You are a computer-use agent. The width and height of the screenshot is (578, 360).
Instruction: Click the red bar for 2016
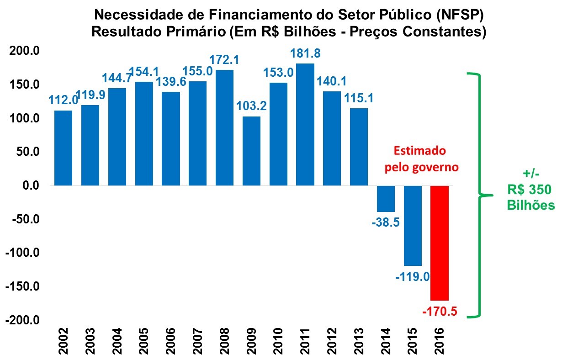pyautogui.click(x=440, y=242)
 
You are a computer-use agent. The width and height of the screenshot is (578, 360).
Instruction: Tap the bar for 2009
pyautogui.click(x=251, y=151)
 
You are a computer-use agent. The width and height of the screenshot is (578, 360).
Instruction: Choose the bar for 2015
pyautogui.click(x=413, y=226)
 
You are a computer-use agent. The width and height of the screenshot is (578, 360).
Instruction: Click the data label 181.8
pyautogui.click(x=306, y=53)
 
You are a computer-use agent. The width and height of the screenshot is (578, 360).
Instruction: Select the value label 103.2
pyautogui.click(x=251, y=106)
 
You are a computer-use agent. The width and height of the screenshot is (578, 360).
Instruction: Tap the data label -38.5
pyautogui.click(x=386, y=222)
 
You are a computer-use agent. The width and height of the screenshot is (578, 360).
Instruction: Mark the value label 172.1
pyautogui.click(x=224, y=59)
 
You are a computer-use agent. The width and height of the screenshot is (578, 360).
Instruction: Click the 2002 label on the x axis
pyautogui.click(x=63, y=341)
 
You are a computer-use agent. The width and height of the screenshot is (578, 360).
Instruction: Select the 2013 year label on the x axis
pyautogui.click(x=359, y=341)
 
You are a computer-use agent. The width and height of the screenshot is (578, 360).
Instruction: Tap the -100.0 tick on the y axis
pyautogui.click(x=22, y=253)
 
